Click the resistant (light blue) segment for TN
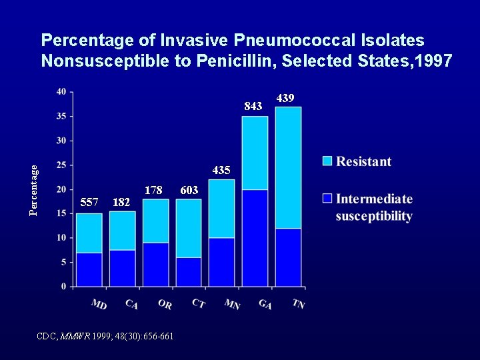click(288, 167)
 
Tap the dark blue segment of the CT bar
click(189, 272)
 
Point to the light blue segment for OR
click(155, 221)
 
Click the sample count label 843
click(253, 106)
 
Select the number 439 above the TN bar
click(285, 99)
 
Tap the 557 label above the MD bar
click(89, 202)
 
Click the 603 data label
click(189, 190)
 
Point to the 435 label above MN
click(221, 170)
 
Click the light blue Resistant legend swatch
click(327, 161)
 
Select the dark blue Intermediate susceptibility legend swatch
click(327, 199)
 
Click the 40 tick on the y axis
click(61, 91)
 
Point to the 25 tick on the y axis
click(61, 165)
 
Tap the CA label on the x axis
click(131, 304)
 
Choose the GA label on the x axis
click(265, 304)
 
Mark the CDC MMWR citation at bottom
click(105, 336)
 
